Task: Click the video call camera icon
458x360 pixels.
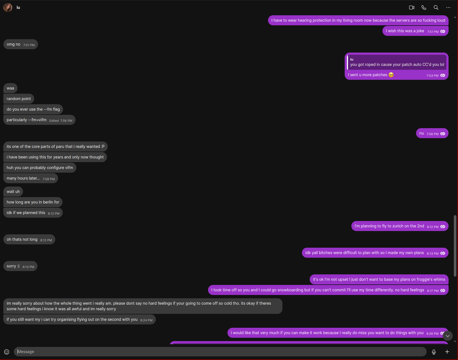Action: coord(412,8)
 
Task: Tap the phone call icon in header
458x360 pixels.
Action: coord(424,8)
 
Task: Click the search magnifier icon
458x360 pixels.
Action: coord(436,8)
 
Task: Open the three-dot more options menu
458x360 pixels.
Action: coord(448,8)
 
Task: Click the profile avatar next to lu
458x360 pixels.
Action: coord(8,8)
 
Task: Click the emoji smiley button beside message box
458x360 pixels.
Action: coord(7,352)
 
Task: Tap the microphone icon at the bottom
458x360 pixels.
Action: coord(434,352)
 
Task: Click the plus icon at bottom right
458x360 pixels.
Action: coord(447,352)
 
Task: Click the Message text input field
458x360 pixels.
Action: coord(219,352)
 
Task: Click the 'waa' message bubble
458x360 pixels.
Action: coord(11,88)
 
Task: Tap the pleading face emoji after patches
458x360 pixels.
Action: coord(391,75)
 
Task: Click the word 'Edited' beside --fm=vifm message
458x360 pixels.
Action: coord(54,121)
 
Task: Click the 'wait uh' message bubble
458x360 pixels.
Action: coord(13,192)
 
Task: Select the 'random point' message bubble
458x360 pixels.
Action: coord(19,99)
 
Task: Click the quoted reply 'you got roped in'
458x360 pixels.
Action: coord(397,62)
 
